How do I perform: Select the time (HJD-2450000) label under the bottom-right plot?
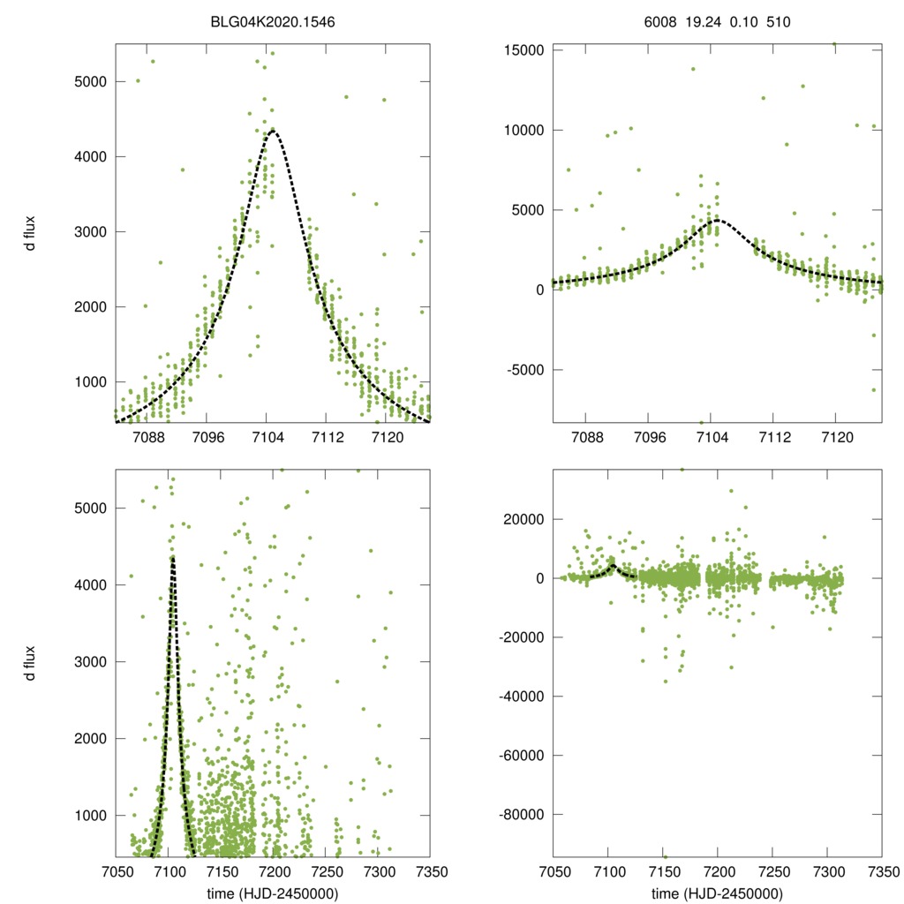point(717,893)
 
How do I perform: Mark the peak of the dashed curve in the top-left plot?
point(272,131)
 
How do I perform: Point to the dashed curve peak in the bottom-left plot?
point(173,557)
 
